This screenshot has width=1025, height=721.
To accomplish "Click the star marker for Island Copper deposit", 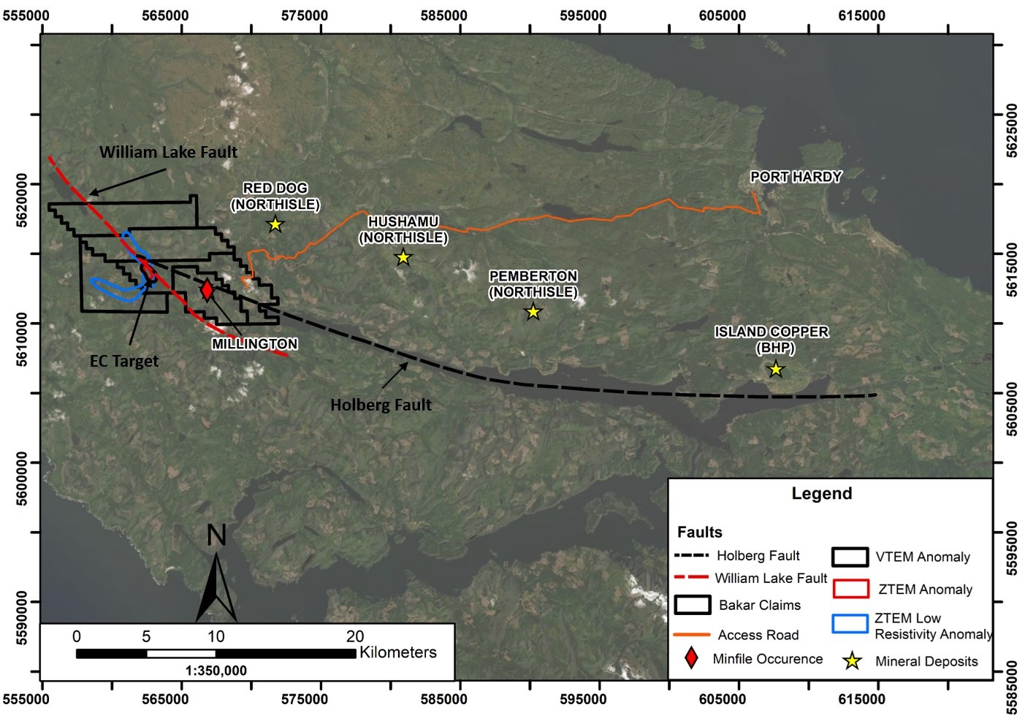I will click(x=776, y=370).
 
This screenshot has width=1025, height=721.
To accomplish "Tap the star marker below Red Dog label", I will click(x=275, y=224).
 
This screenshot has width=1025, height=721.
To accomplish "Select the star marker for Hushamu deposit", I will click(x=403, y=257).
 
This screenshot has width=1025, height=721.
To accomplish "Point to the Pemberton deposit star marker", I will click(x=533, y=312).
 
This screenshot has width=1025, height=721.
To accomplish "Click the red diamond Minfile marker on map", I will click(x=207, y=290).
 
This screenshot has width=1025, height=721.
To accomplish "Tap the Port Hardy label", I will click(x=796, y=177).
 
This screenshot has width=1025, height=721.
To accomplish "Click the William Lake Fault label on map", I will click(x=168, y=152).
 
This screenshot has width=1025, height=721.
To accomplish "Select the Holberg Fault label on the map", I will click(x=381, y=405).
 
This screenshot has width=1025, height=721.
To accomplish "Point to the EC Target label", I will click(x=124, y=361).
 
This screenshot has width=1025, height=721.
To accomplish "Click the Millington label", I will click(x=254, y=344).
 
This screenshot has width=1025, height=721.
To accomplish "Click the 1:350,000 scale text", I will click(x=216, y=671).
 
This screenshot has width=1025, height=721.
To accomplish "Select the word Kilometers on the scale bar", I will click(x=398, y=652).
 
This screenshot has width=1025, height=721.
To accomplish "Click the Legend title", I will click(x=822, y=494).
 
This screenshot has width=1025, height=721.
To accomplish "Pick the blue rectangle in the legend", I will click(x=850, y=624).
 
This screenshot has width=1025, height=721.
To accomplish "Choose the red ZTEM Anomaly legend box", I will click(x=850, y=589).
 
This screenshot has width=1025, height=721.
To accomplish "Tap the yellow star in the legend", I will click(x=852, y=661).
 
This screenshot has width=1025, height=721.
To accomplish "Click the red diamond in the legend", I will click(x=691, y=658).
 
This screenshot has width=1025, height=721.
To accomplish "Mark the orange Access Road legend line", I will click(x=692, y=635).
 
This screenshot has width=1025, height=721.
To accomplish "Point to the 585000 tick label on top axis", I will click(x=444, y=15).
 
